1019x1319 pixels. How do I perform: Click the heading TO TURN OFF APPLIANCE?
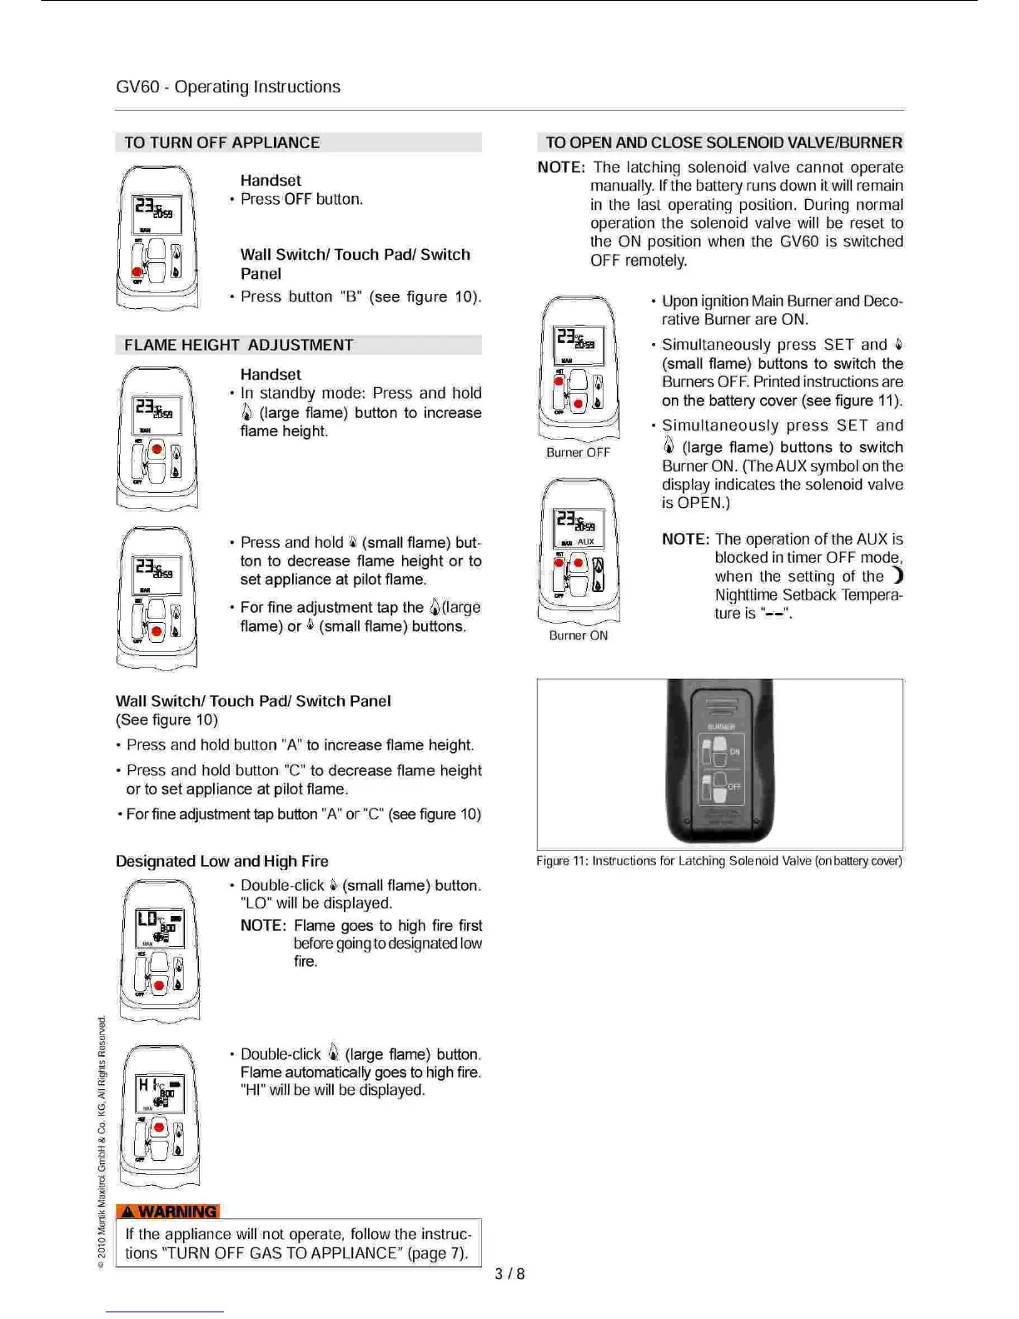pyautogui.click(x=221, y=142)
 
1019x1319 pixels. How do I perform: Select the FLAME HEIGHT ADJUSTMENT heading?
pyautogui.click(x=239, y=345)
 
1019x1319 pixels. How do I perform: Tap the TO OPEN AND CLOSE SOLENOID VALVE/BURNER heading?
pyautogui.click(x=723, y=142)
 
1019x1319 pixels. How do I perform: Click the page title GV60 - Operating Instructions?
pyautogui.click(x=228, y=87)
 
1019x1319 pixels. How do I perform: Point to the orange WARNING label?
pyautogui.click(x=168, y=1211)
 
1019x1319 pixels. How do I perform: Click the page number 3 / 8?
pyautogui.click(x=509, y=1273)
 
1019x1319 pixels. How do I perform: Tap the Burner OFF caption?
pyautogui.click(x=578, y=452)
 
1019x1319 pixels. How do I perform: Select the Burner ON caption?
pyautogui.click(x=578, y=635)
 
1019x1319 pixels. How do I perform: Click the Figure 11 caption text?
pyautogui.click(x=719, y=861)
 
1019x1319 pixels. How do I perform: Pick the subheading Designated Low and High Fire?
pyautogui.click(x=222, y=861)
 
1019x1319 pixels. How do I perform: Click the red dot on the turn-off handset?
pyautogui.click(x=137, y=271)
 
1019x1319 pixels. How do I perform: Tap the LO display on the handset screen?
pyautogui.click(x=147, y=918)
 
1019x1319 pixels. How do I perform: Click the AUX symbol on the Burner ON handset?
pyautogui.click(x=586, y=541)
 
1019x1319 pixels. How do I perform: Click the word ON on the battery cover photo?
pyautogui.click(x=734, y=752)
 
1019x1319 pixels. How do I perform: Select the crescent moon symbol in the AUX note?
pyautogui.click(x=897, y=575)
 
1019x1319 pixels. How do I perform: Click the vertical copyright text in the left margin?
pyautogui.click(x=102, y=1141)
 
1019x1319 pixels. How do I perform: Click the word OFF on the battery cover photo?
pyautogui.click(x=734, y=786)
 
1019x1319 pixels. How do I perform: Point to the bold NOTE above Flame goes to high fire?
pyautogui.click(x=263, y=925)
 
